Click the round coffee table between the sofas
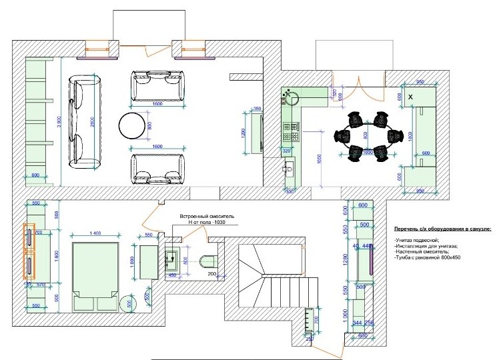click(x=131, y=125)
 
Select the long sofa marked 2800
click(x=85, y=123)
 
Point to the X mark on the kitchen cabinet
click(x=410, y=98)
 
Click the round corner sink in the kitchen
click(x=291, y=99)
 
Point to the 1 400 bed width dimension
click(x=95, y=233)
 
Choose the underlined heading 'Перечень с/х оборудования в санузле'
click(x=441, y=229)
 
